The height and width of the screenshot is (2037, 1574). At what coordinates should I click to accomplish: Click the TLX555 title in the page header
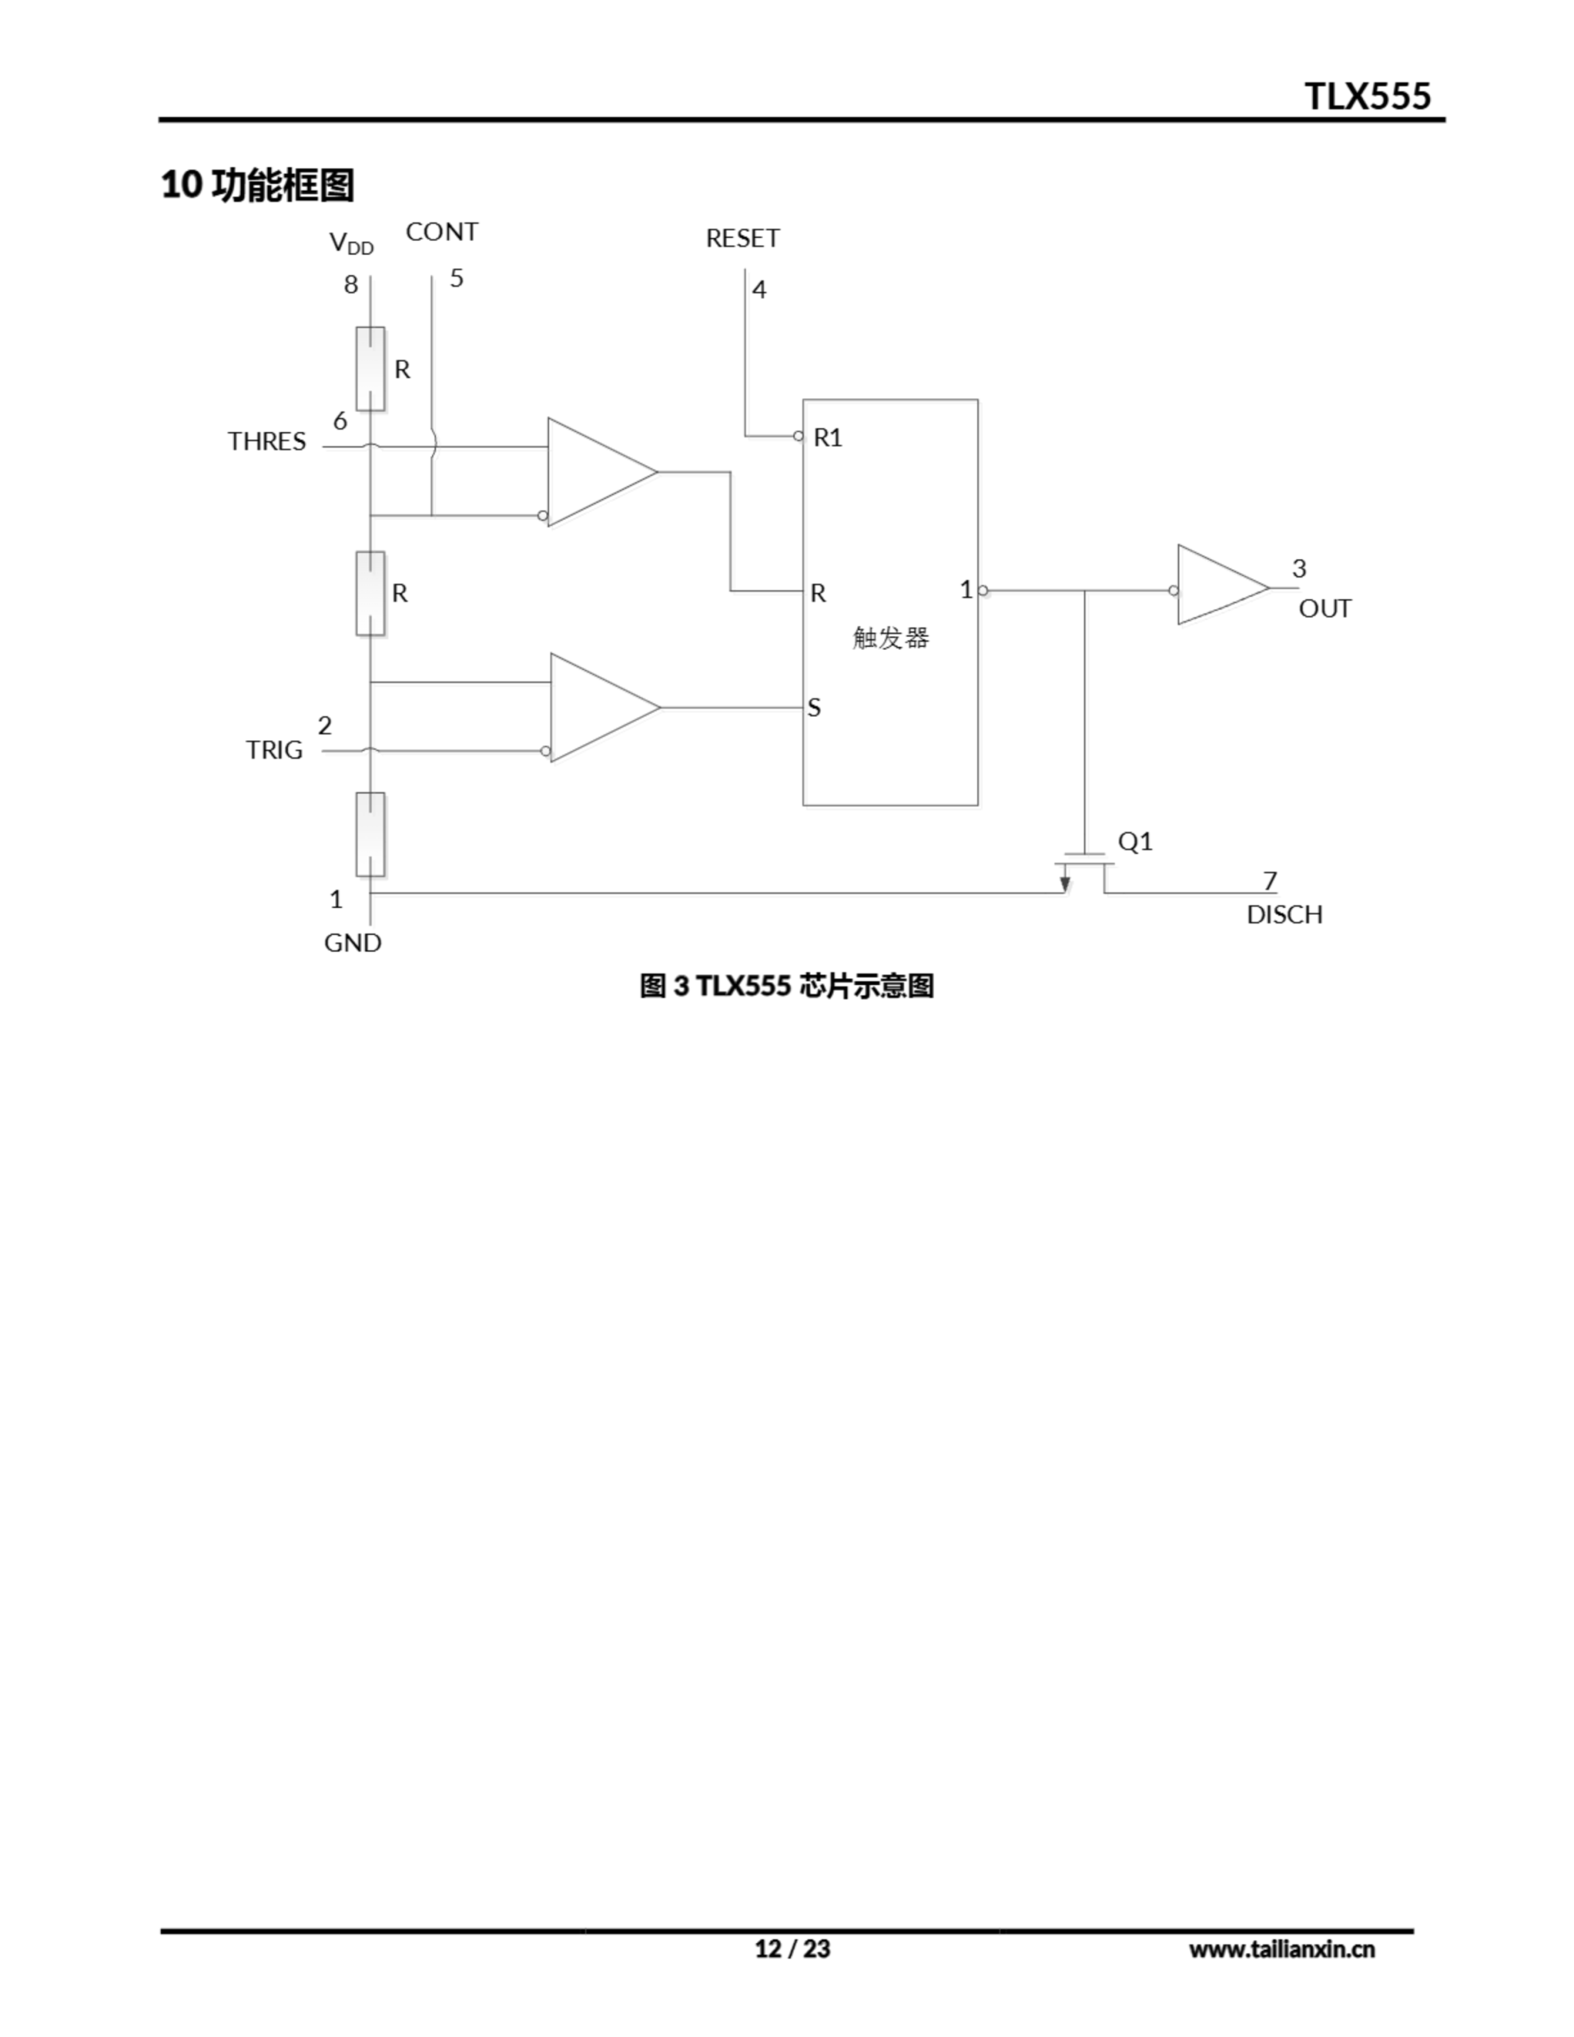click(1367, 96)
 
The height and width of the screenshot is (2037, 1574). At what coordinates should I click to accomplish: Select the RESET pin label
click(742, 239)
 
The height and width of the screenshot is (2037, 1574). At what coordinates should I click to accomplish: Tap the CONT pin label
click(442, 232)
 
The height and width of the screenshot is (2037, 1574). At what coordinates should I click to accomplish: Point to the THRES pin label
click(267, 441)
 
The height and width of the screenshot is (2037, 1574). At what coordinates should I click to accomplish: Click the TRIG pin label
click(275, 750)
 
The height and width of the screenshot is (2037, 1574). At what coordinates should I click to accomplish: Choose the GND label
click(353, 943)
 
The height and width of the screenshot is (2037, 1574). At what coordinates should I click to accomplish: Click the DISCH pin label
click(1284, 915)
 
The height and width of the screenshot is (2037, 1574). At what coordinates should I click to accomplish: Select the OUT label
click(1325, 609)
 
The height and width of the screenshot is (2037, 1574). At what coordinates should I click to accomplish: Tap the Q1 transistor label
click(1136, 842)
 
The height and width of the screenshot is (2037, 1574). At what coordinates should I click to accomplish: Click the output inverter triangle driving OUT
click(1217, 586)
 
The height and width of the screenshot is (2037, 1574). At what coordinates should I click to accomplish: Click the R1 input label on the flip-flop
click(828, 438)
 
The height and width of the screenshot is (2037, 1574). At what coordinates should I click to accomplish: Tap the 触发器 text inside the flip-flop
click(891, 638)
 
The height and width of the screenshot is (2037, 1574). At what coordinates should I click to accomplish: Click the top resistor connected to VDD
click(370, 368)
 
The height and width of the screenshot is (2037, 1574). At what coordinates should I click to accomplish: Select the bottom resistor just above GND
click(370, 834)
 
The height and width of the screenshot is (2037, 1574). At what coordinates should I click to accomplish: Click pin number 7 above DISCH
click(1269, 881)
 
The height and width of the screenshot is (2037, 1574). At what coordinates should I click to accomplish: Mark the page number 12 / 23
click(792, 1949)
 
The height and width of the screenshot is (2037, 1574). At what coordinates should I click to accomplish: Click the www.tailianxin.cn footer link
click(1281, 1949)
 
